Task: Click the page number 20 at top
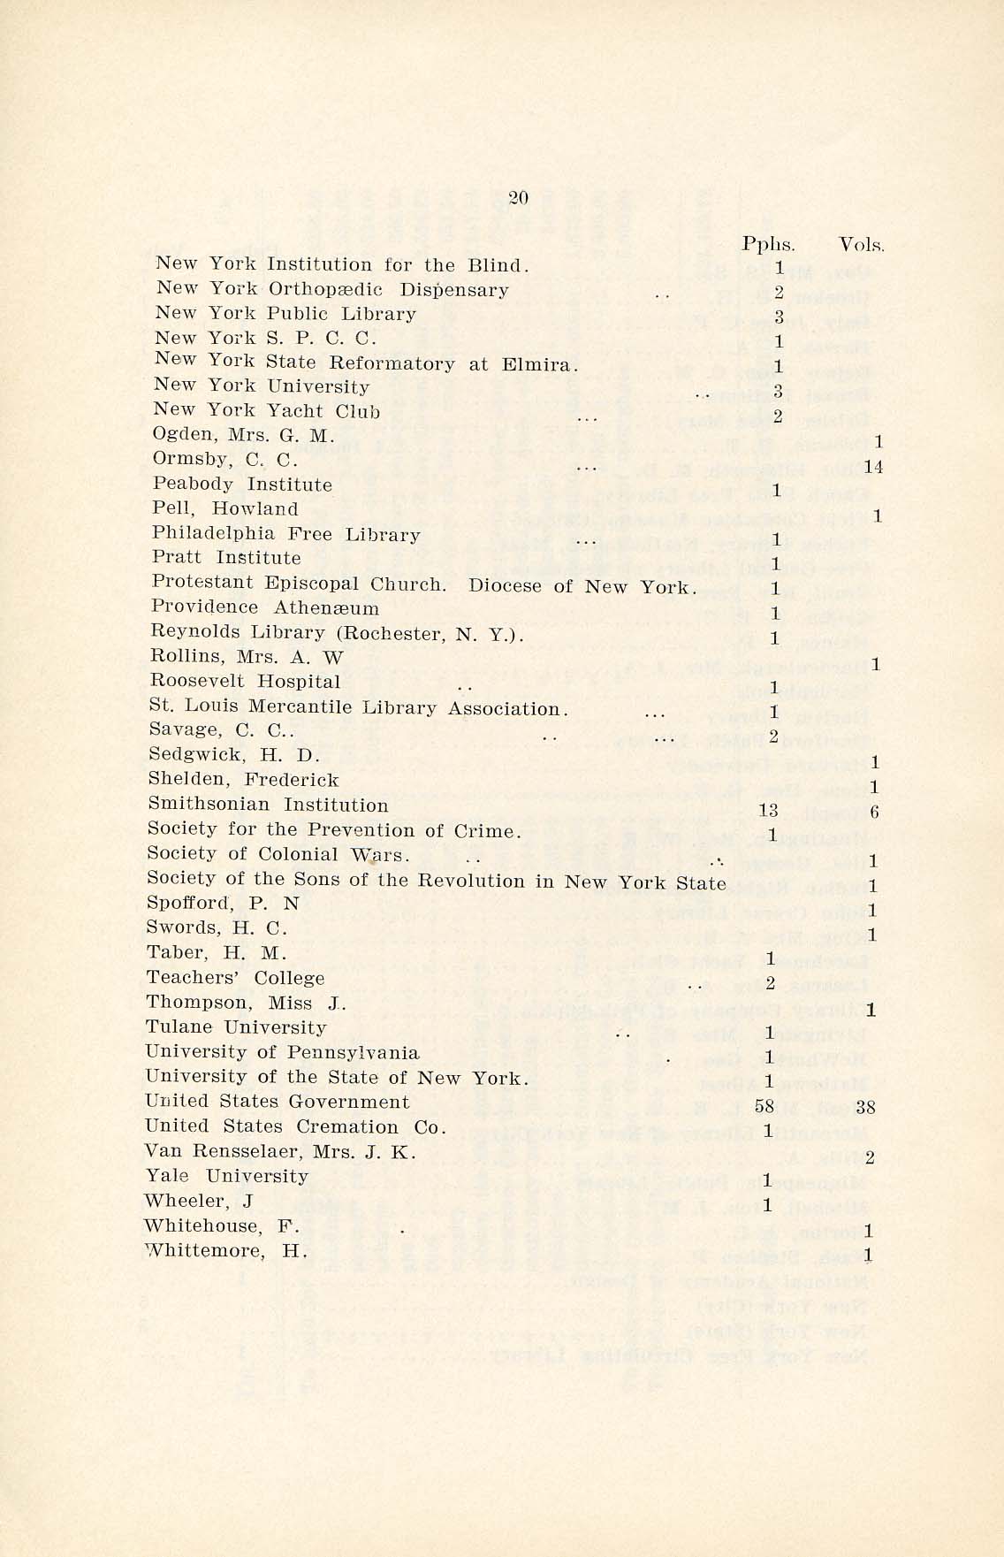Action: click(519, 198)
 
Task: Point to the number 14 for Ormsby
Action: click(873, 468)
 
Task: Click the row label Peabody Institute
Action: click(242, 485)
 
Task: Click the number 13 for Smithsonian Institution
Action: click(768, 811)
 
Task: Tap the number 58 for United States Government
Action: click(764, 1106)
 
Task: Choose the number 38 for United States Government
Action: click(865, 1106)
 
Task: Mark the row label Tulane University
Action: click(236, 1027)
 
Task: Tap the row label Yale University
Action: click(226, 1177)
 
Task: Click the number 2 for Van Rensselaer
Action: click(871, 1158)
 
